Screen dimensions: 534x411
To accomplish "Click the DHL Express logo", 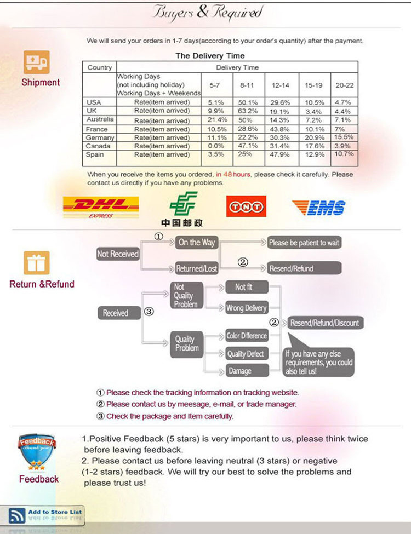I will coord(101,206).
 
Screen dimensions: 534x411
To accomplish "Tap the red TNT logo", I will coord(246,206).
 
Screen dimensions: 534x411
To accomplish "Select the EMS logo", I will coord(319,208).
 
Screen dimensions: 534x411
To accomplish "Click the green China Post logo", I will coord(182,209).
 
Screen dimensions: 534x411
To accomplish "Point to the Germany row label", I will coord(100,137).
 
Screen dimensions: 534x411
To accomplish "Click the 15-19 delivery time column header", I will coord(314,85).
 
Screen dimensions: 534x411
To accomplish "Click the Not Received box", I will coord(118,254).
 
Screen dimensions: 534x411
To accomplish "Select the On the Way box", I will coord(197,243).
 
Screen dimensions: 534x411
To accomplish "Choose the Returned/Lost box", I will coord(197,268).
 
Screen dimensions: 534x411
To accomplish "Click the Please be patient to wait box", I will coord(304,243).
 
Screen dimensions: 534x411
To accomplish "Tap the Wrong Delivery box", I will coord(247,308).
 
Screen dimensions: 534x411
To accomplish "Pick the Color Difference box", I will coord(247,336).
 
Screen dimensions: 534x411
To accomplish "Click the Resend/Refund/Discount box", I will coord(325,323).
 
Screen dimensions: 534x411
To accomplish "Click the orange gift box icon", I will coord(37,263).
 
